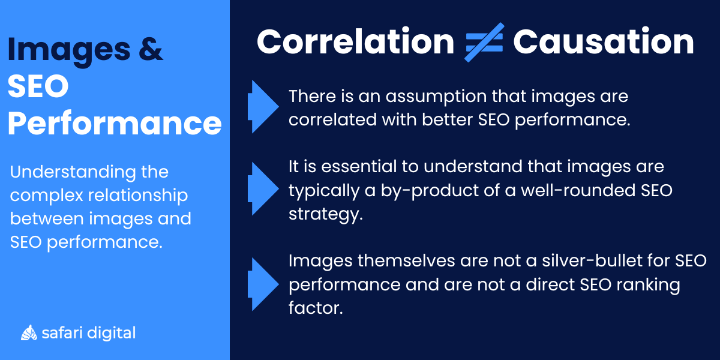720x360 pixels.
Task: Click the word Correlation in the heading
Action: point(355,42)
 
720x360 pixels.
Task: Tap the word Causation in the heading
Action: point(603,42)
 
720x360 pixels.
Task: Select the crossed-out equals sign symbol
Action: point(484,42)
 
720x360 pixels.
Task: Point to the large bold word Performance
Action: point(115,122)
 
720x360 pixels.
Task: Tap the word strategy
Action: point(325,214)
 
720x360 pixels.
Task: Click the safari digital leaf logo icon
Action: point(29,332)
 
